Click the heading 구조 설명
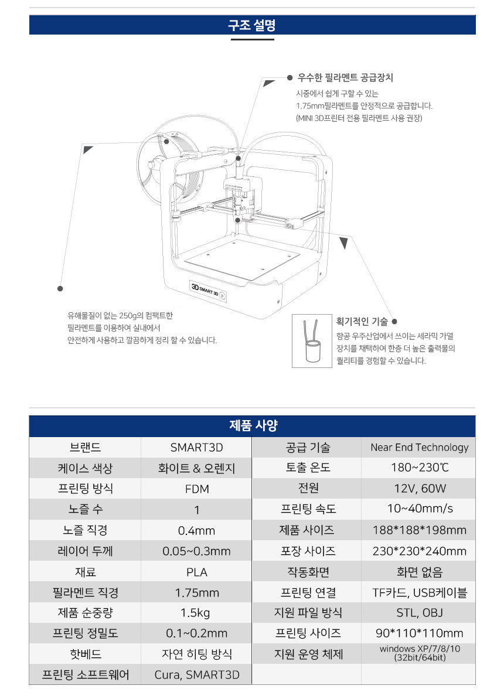coord(252,25)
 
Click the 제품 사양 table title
coord(253,426)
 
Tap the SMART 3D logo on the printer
coord(208,291)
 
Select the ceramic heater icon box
coord(312,341)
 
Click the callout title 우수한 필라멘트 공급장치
coord(345,78)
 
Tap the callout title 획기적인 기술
coord(362,322)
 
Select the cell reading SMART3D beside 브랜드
coord(197,447)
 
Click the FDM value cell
coord(197,489)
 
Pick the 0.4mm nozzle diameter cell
coord(197,530)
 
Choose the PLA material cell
coord(197,572)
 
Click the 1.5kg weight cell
coord(197,613)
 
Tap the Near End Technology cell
coord(419,447)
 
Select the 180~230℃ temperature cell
coord(419,468)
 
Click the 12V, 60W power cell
coord(419,489)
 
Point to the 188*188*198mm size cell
coord(419,530)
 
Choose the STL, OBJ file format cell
coord(419,613)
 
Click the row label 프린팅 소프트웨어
coord(86,674)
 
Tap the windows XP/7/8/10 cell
coord(419,653)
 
